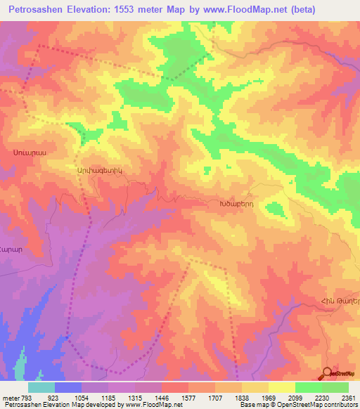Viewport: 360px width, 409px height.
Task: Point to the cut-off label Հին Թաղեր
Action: click(x=340, y=301)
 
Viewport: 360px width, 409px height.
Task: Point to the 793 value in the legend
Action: click(x=27, y=398)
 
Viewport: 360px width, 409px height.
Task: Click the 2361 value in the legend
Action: click(x=349, y=398)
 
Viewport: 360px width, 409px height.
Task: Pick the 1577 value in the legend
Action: click(x=188, y=398)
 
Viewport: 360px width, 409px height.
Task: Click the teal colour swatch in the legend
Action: click(x=41, y=387)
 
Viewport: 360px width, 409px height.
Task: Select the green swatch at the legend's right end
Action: click(x=335, y=387)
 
